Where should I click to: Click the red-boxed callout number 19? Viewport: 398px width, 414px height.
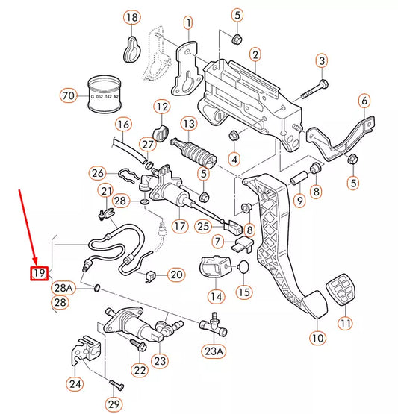39,274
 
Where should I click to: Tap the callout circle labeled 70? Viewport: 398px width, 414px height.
69,95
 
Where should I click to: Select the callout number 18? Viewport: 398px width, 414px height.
131,17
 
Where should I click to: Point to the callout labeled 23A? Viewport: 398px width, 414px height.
214,350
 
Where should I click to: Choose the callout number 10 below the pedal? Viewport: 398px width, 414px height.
318,338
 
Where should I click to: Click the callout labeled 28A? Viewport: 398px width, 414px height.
63,288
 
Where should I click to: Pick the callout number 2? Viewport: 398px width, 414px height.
255,54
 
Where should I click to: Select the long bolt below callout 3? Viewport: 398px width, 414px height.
312,90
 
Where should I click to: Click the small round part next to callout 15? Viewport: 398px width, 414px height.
243,268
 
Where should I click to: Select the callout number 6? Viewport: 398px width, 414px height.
364,101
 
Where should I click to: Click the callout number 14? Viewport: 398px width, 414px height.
216,296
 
